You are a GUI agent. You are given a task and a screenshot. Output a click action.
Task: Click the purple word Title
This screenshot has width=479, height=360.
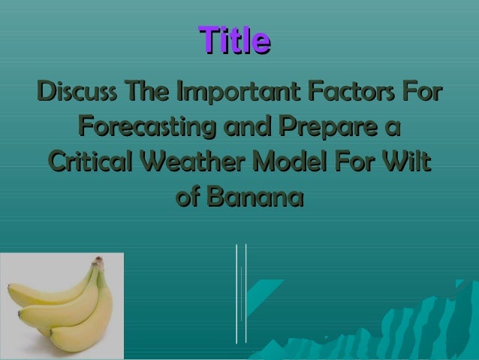coord(233,41)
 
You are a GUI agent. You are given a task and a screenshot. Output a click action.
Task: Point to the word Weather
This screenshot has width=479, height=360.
coord(198,164)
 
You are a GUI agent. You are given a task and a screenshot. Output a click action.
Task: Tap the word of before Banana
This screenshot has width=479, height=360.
coord(188,198)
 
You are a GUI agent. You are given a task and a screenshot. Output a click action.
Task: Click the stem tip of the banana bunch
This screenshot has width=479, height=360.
coord(97,262)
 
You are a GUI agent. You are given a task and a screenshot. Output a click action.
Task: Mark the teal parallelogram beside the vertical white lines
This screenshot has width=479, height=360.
coord(264,297)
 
